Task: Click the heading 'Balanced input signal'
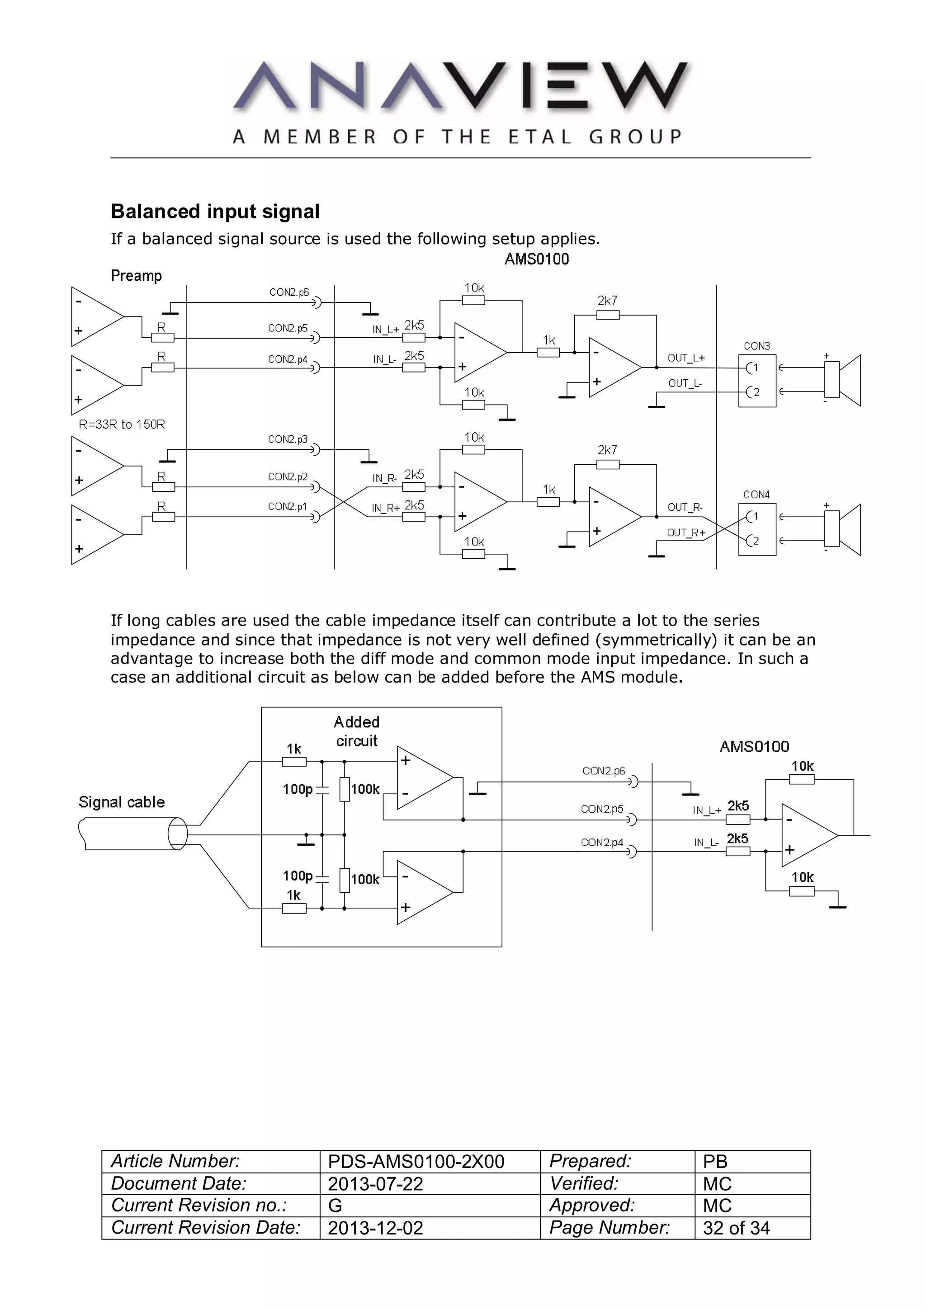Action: tap(215, 211)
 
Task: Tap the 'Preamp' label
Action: tap(137, 276)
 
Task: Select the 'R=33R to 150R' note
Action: tap(122, 424)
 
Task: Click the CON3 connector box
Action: tap(756, 380)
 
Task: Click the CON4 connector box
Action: tap(756, 529)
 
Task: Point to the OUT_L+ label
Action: tap(686, 358)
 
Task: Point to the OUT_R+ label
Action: tap(686, 532)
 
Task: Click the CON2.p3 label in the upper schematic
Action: tap(288, 439)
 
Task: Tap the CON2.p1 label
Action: tap(288, 506)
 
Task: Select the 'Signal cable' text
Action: tap(122, 802)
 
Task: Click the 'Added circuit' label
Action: tap(357, 731)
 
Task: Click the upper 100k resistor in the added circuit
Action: tap(345, 790)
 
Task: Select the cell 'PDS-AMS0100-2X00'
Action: tap(416, 1162)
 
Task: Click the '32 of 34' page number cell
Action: tap(736, 1228)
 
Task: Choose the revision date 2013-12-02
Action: tap(375, 1228)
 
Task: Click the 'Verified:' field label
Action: tap(584, 1183)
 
